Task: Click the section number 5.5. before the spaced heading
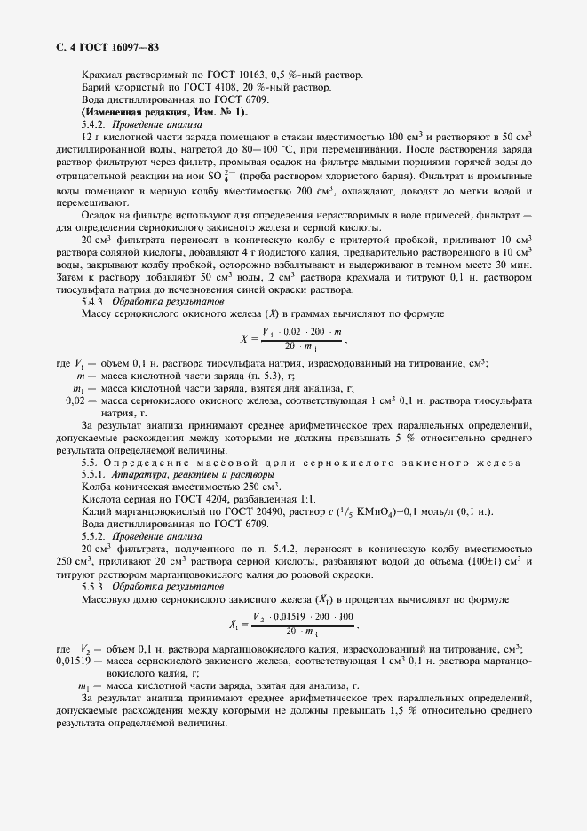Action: pyautogui.click(x=89, y=463)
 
